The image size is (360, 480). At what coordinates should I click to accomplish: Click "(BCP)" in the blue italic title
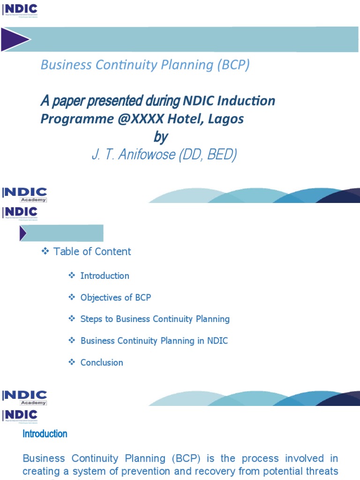pyautogui.click(x=233, y=65)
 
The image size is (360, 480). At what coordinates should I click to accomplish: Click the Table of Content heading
pyautogui.click(x=92, y=252)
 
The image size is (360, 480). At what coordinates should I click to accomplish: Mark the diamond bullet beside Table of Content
pyautogui.click(x=45, y=252)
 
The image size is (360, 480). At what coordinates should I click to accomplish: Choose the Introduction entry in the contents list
pyautogui.click(x=105, y=276)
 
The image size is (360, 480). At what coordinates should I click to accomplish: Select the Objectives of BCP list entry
pyautogui.click(x=116, y=297)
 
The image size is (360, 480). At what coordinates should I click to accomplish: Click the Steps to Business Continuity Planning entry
pyautogui.click(x=155, y=319)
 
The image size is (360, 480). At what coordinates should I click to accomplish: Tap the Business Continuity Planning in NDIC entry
pyautogui.click(x=154, y=341)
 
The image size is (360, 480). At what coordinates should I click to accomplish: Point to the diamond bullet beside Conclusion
pyautogui.click(x=72, y=362)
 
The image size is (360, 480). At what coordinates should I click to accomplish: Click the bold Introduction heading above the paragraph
pyautogui.click(x=45, y=434)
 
